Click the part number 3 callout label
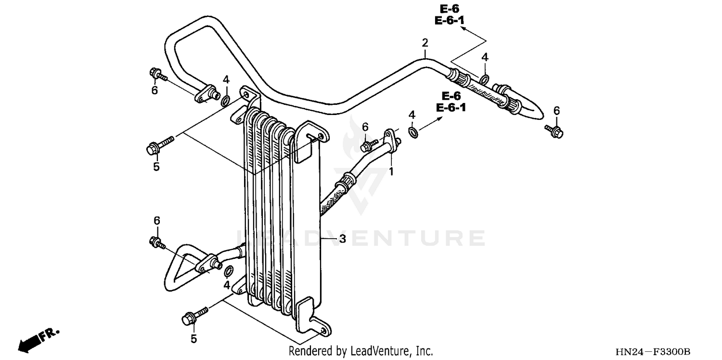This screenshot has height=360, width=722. coord(342,239)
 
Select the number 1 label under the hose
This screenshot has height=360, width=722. coord(391,171)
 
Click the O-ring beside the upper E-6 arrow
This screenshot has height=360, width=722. coord(485,78)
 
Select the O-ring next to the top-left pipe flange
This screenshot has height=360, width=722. coord(225,100)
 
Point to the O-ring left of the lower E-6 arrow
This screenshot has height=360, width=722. coord(413,131)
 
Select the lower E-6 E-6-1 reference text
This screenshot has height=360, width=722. coord(451,102)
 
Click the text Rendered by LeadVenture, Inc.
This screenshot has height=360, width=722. coord(361,351)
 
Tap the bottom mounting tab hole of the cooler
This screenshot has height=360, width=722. coord(322,330)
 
